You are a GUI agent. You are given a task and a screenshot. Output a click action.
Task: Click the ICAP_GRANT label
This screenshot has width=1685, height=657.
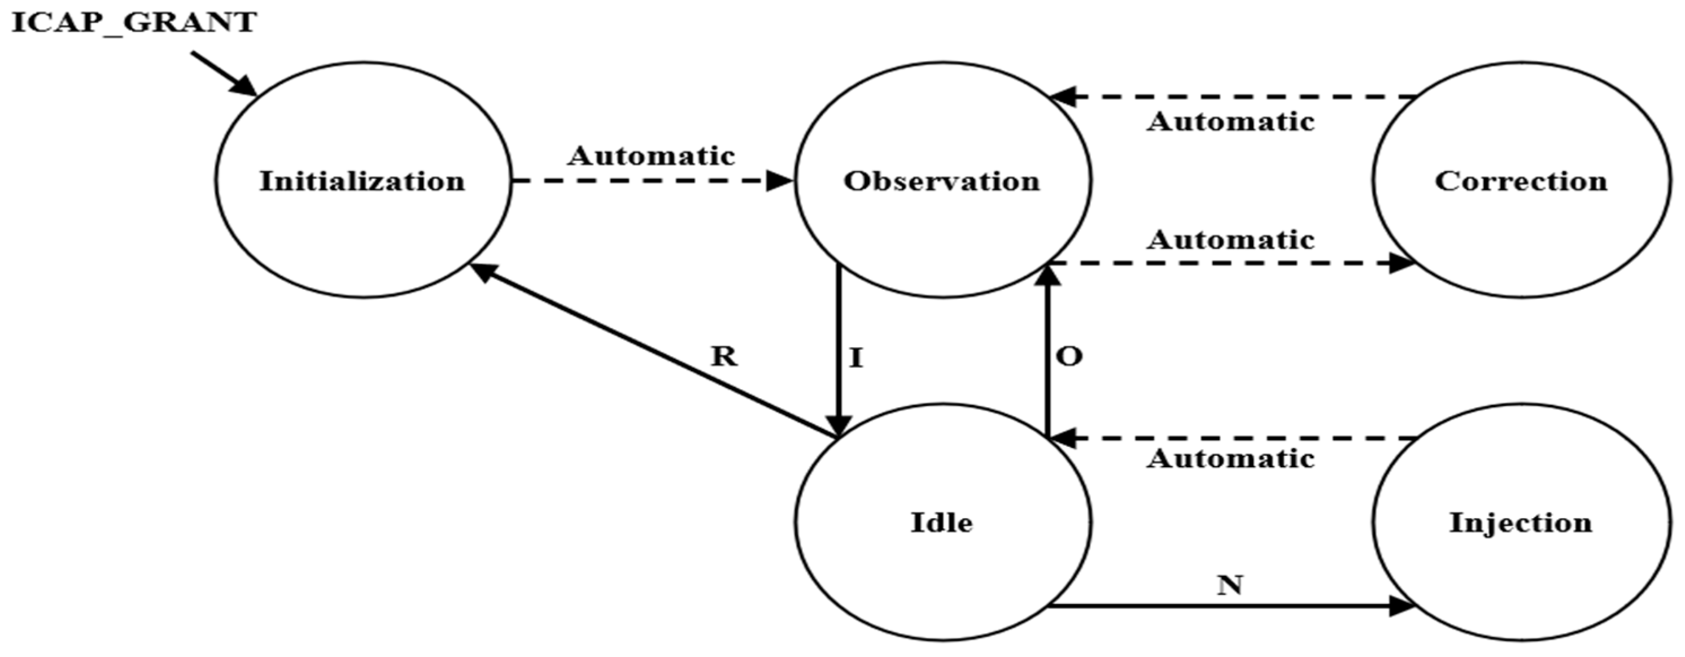(x=134, y=23)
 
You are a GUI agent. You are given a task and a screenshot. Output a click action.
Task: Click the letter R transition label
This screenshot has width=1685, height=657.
(x=724, y=356)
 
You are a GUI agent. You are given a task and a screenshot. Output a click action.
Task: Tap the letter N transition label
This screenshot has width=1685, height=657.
(x=1230, y=584)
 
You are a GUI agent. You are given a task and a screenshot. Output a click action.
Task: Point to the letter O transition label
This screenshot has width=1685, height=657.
(x=1069, y=356)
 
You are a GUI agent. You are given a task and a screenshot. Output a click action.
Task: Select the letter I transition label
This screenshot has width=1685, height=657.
(x=856, y=358)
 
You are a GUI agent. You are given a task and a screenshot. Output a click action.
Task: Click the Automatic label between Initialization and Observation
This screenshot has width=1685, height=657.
(x=651, y=156)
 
